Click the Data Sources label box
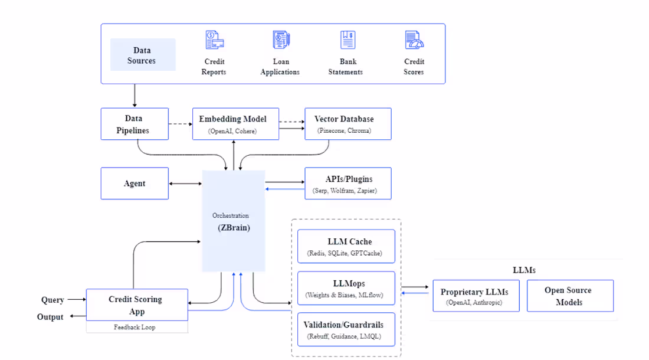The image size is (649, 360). click(x=143, y=55)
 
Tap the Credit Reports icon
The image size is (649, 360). click(x=214, y=41)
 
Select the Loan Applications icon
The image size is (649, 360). click(x=280, y=41)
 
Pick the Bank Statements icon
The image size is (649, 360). click(x=348, y=41)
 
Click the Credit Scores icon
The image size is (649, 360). click(x=414, y=41)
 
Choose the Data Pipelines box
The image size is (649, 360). click(x=135, y=124)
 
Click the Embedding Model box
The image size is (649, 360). click(x=235, y=124)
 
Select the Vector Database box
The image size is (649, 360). click(x=348, y=124)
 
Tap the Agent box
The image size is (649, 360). click(x=135, y=184)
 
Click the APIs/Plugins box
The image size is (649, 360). click(x=348, y=184)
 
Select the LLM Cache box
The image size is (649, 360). click(x=346, y=247)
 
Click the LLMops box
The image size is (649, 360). click(x=346, y=289)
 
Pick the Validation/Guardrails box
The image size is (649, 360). click(x=346, y=330)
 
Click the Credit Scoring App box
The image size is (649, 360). click(x=137, y=305)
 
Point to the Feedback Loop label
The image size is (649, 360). click(x=135, y=327)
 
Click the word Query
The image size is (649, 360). click(x=53, y=300)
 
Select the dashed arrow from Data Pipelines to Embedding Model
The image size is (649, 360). click(x=181, y=124)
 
